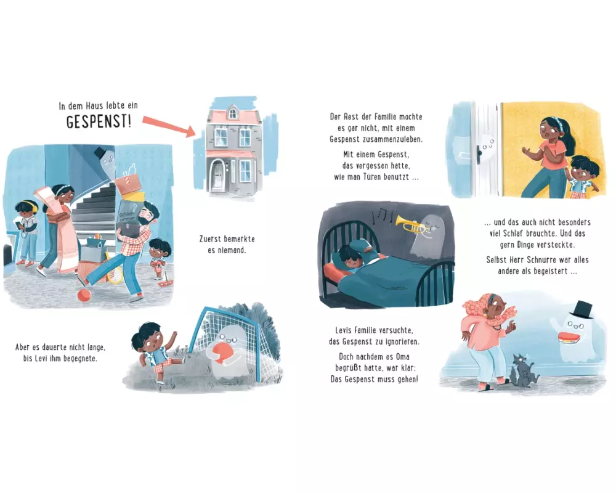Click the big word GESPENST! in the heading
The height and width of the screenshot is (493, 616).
coord(99,121)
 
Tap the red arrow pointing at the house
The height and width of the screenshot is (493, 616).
coord(169,126)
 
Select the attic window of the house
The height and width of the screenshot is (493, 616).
coord(233,113)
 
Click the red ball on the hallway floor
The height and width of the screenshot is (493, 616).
coord(84,295)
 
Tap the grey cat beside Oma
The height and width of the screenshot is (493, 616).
coord(524,370)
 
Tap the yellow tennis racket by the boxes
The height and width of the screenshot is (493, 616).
coord(113,271)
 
